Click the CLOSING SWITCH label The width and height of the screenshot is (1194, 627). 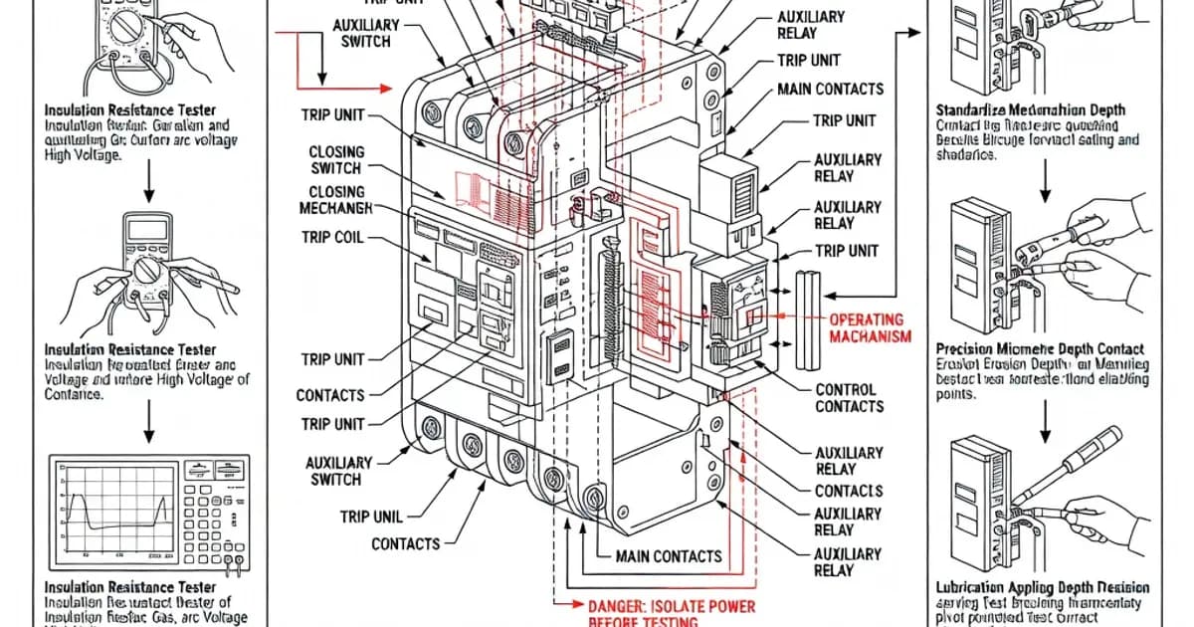click(x=336, y=160)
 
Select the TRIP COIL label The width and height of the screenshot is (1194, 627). click(x=331, y=239)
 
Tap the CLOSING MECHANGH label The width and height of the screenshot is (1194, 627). click(x=335, y=200)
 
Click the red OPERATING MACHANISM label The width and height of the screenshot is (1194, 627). click(x=869, y=328)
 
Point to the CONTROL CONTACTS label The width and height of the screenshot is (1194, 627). click(x=849, y=398)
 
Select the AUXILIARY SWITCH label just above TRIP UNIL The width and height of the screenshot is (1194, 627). click(x=339, y=471)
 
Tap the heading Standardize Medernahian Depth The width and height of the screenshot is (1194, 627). click(x=1031, y=109)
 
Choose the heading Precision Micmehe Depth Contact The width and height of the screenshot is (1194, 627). click(x=1040, y=349)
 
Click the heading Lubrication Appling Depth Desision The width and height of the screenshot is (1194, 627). click(x=1042, y=588)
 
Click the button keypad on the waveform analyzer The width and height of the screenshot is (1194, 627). click(x=217, y=513)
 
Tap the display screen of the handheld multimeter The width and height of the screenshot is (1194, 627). click(x=147, y=230)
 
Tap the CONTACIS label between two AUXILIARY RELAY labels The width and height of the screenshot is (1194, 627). click(x=849, y=491)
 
